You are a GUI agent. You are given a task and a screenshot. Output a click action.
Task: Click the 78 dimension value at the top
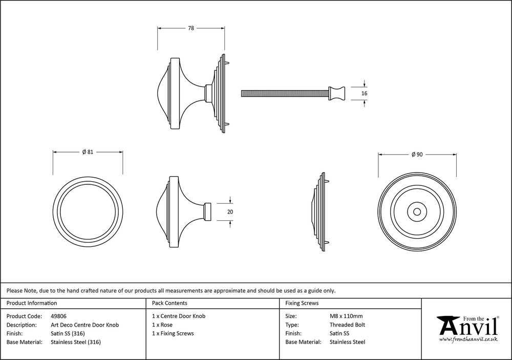pos(190,29)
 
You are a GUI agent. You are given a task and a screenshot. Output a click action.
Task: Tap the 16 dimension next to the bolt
pos(365,94)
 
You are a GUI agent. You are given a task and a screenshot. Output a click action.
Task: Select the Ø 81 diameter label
pos(88,152)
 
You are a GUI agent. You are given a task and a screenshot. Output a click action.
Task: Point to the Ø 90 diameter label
pos(417,155)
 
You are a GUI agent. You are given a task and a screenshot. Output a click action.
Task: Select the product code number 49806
pos(59,316)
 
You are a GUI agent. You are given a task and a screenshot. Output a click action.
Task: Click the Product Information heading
pos(32,303)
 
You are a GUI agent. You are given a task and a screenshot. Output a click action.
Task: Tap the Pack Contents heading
pos(169,303)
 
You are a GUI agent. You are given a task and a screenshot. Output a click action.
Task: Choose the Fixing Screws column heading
pos(302,303)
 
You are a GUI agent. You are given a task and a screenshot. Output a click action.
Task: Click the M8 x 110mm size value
pos(346,316)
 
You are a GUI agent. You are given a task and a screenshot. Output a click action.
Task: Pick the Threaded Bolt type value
pos(347,325)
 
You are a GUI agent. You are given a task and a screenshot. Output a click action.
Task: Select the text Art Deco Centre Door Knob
pos(85,325)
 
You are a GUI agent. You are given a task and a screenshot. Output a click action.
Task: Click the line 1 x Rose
pos(162,325)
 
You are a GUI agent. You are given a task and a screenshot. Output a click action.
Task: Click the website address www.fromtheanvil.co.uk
pos(468,339)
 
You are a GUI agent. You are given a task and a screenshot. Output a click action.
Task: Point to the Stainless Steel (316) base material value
pos(76,342)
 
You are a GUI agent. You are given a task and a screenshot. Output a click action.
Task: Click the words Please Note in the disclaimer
pos(19,290)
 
